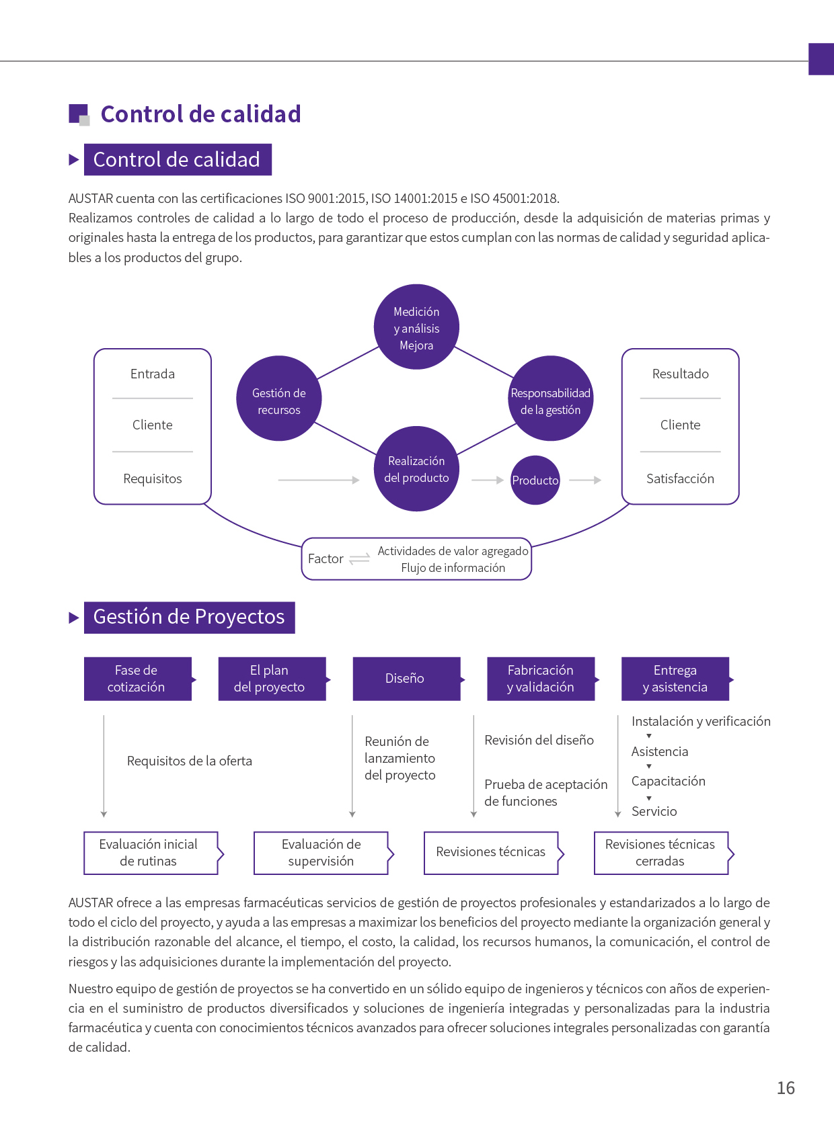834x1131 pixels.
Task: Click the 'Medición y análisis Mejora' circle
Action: pos(416,327)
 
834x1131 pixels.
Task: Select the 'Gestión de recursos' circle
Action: pos(278,399)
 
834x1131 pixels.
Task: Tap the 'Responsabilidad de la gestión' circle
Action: pos(551,399)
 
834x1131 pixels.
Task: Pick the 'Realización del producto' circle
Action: pos(416,468)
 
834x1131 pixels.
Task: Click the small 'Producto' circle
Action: pos(535,480)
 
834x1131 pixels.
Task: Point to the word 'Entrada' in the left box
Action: pos(153,374)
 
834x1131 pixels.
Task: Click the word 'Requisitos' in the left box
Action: pos(153,478)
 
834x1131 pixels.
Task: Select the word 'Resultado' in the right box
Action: pos(680,374)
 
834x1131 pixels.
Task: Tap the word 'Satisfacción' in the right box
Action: pos(680,478)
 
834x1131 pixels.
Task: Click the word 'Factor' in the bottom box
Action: pos(326,558)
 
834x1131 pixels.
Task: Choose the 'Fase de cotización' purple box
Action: pos(137,679)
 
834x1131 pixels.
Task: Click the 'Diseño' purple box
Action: pos(406,679)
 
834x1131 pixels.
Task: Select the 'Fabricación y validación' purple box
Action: pos(540,679)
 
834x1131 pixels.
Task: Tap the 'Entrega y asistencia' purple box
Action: pos(675,679)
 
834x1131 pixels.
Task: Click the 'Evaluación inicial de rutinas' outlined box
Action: pos(150,853)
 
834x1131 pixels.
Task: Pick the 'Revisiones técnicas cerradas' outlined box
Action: pos(660,853)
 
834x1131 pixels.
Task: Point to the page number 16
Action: pos(786,1088)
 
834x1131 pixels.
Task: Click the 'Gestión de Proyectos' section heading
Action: pos(189,617)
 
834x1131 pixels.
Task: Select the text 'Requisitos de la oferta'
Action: pos(190,761)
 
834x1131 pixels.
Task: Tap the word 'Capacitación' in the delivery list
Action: pos(669,781)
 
